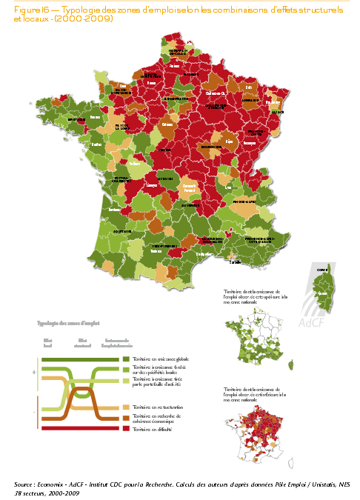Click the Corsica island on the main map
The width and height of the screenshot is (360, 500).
320,292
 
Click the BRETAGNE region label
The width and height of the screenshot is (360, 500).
76,119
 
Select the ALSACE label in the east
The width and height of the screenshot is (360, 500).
277,112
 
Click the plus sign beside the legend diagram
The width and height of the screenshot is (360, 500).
34,373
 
